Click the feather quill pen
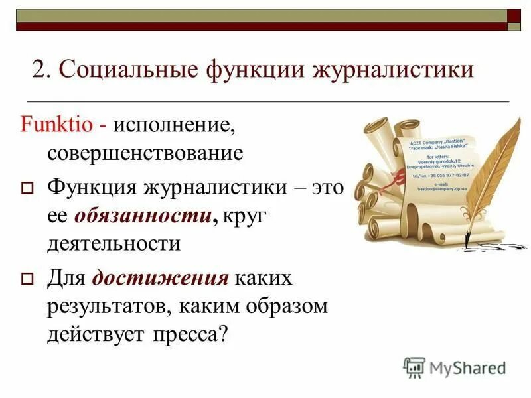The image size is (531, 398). [x=494, y=172]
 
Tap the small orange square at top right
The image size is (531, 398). [x=514, y=15]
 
